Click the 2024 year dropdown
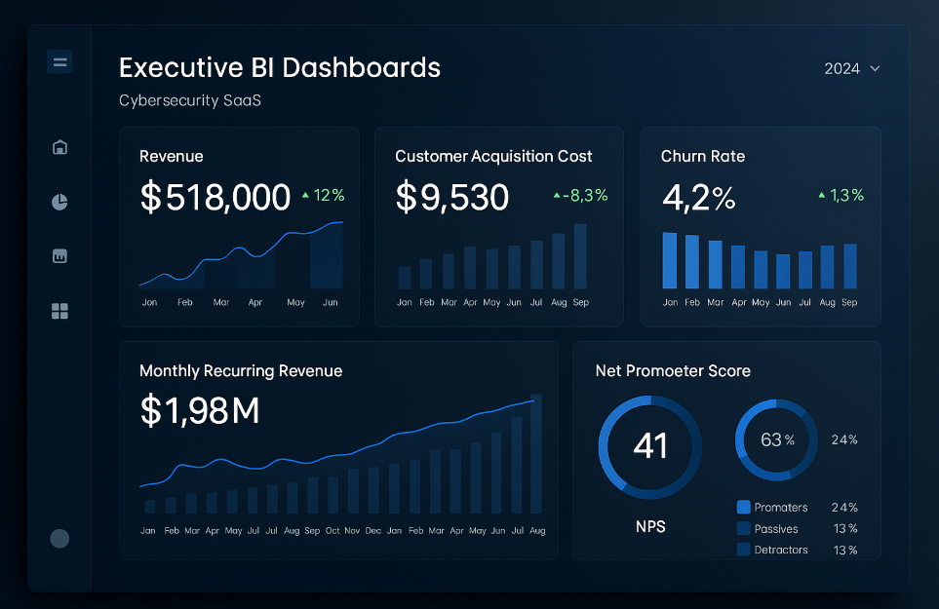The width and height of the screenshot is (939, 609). pos(851,68)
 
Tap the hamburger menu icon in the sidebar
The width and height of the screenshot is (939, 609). pos(59,62)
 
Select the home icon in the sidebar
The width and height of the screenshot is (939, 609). pos(59,147)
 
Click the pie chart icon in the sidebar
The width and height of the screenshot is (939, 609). pos(59,202)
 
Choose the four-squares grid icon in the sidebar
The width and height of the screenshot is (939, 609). pos(59,311)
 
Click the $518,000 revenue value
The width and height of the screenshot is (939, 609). pos(215,197)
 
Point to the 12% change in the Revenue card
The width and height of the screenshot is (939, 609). pos(324,195)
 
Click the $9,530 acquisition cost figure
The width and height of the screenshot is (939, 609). pos(451,197)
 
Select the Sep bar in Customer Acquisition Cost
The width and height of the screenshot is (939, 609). pos(580,256)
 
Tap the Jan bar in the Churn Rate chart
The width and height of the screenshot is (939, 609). pos(670,260)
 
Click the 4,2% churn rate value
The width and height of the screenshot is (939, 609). pos(698,197)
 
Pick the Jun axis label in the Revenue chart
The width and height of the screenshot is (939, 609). pos(331,303)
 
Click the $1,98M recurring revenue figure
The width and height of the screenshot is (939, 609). pos(200,411)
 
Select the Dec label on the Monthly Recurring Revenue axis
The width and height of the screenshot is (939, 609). pos(372,531)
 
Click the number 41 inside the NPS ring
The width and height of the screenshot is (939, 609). pos(650,445)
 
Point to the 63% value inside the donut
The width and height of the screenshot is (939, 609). pos(776,440)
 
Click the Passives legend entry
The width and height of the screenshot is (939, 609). pos(775,529)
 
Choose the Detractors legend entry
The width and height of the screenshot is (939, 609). pos(780,550)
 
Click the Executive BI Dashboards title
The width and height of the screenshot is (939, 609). pos(280,68)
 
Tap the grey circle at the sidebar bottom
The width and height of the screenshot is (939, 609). pos(59,539)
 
